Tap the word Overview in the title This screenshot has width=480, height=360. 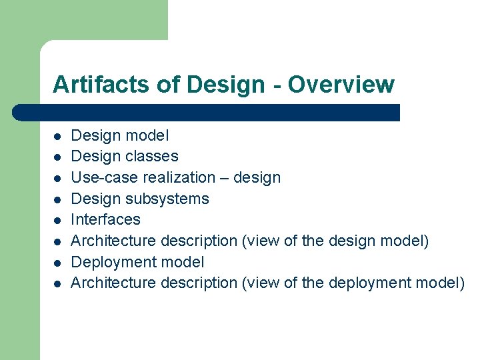[341, 85]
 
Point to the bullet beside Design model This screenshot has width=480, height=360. [58, 136]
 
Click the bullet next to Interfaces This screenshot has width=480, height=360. [58, 220]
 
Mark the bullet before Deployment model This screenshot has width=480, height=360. [58, 263]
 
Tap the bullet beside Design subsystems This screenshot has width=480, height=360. [58, 199]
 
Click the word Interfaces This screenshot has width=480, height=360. [105, 219]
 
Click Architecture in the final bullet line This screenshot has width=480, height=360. [111, 283]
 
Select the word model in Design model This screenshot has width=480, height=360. [148, 135]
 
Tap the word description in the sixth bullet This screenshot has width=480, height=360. [197, 241]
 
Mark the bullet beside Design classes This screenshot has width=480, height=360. [58, 157]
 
